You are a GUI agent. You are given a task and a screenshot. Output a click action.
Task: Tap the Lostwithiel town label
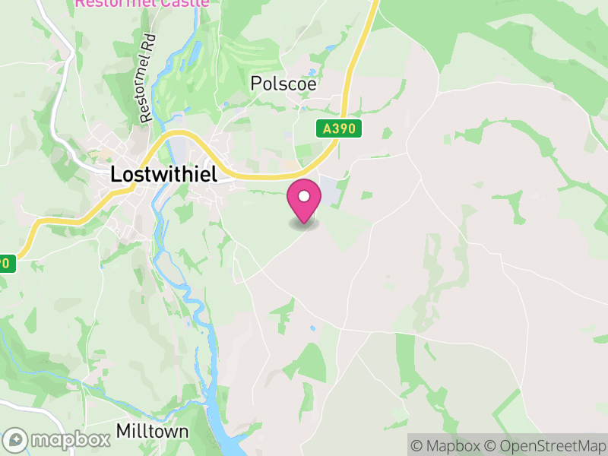(x=163, y=174)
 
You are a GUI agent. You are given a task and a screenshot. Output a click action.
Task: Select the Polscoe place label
(x=283, y=84)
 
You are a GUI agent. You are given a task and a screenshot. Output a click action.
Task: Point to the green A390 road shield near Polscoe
(x=339, y=129)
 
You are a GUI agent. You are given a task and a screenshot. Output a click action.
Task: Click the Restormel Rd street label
(x=147, y=79)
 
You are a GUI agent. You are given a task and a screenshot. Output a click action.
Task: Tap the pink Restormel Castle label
(x=141, y=3)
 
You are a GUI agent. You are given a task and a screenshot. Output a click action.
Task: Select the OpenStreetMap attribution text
(x=548, y=445)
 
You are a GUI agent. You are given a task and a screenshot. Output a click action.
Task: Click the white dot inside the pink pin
(x=304, y=197)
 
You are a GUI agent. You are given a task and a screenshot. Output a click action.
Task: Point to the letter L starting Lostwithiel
(x=116, y=174)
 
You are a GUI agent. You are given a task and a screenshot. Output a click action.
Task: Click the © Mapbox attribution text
(x=447, y=445)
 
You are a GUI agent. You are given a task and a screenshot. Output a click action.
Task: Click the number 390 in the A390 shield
(x=344, y=129)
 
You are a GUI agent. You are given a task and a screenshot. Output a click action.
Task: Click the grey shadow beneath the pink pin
(x=304, y=224)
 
